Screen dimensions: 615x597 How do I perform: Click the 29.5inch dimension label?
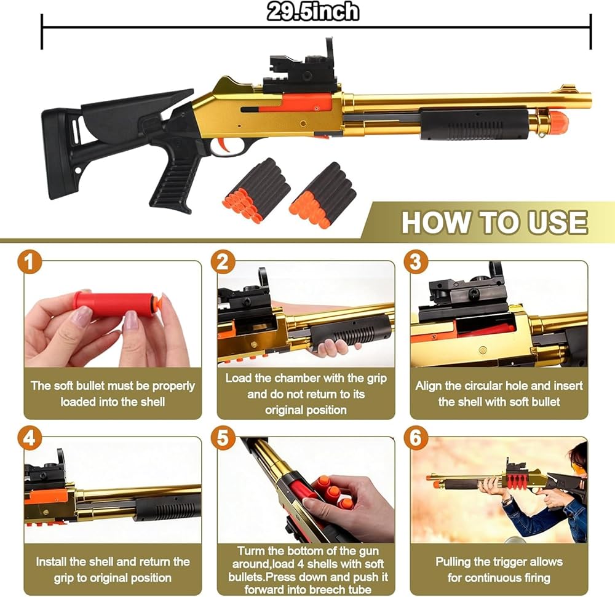tap(312, 11)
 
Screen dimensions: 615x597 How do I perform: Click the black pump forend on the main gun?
tap(475, 123)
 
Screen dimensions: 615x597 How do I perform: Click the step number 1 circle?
tap(30, 263)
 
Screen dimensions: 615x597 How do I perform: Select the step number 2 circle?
tap(223, 263)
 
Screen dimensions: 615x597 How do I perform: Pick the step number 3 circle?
tap(416, 263)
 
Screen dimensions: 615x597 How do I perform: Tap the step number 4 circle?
tap(30, 438)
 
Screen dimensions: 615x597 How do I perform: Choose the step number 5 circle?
tap(223, 438)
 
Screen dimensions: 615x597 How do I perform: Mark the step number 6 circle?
tap(416, 438)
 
